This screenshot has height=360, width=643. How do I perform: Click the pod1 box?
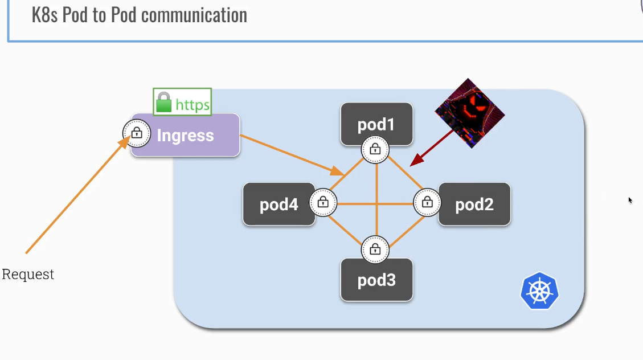pos(376,124)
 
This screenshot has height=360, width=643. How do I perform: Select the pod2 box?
pos(474,204)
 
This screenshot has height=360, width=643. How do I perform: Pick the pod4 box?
pos(279,204)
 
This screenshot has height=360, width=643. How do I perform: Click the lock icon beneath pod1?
pos(375,149)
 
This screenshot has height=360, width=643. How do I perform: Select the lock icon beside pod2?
pos(427,202)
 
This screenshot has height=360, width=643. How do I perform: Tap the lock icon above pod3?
pos(375,249)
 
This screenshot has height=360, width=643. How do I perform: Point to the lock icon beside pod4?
pos(323,202)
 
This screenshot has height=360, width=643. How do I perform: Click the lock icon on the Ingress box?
pos(137,133)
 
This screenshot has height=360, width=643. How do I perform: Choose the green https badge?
pos(183,103)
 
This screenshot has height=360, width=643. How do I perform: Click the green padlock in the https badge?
pos(164,103)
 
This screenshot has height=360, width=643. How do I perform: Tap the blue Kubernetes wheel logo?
pos(539,291)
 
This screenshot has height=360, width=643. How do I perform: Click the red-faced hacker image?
pos(469,113)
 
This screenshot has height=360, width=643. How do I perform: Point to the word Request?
pos(28,274)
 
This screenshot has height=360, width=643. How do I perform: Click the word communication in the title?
pos(194,15)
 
